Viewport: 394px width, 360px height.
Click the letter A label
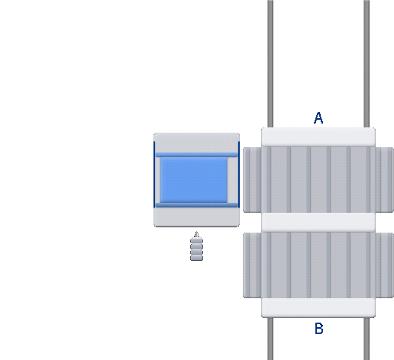click(x=318, y=118)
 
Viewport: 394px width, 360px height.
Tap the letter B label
click(x=319, y=329)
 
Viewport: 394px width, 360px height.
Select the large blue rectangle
click(x=194, y=180)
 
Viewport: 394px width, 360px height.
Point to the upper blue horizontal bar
click(x=196, y=155)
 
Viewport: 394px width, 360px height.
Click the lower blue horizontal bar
click(x=196, y=205)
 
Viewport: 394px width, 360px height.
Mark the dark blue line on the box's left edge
click(x=154, y=175)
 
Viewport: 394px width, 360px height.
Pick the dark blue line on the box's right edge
click(x=239, y=175)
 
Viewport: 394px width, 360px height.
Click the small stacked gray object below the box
click(x=196, y=246)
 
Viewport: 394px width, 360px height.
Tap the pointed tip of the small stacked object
click(x=196, y=232)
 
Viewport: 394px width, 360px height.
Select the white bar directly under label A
click(x=318, y=137)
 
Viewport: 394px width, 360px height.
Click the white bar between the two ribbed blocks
click(x=318, y=223)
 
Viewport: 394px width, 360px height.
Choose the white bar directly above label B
click(x=318, y=308)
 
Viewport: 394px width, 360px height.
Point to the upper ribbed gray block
click(x=318, y=180)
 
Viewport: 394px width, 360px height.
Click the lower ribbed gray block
click(x=318, y=265)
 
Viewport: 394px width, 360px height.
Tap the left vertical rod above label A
click(x=270, y=63)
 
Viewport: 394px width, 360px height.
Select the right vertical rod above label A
click(x=367, y=63)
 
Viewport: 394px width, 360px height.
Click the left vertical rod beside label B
click(x=270, y=339)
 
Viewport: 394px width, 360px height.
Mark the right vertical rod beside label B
click(x=367, y=339)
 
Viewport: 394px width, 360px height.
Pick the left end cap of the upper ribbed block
click(x=252, y=180)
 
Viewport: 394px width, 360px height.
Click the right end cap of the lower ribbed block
click(x=385, y=265)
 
